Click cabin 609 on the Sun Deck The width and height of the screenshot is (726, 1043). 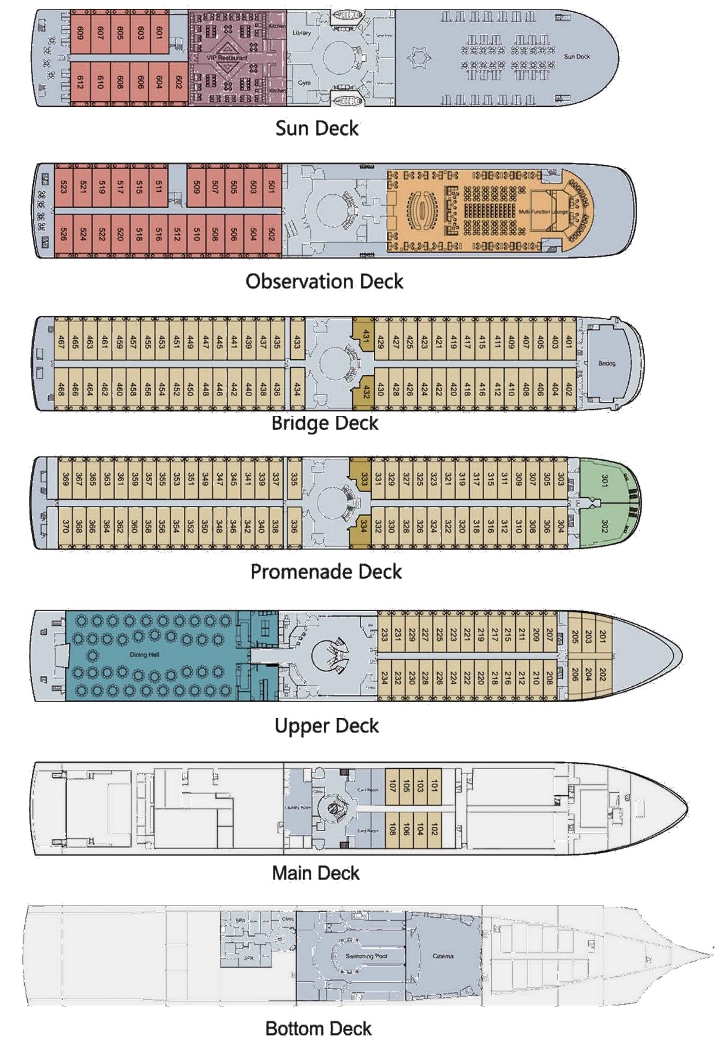pos(80,34)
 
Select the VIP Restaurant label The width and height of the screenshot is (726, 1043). pos(227,58)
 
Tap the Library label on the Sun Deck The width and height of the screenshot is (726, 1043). pos(302,32)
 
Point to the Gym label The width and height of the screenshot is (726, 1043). pos(304,82)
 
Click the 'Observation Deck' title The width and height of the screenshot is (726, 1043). pos(324,281)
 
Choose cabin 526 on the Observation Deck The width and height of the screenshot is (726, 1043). pos(63,234)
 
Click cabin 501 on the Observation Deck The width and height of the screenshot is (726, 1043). pos(272,187)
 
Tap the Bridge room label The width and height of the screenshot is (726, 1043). pos(606,363)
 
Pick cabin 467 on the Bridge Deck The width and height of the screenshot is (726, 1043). pos(61,342)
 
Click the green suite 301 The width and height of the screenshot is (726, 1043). pos(604,481)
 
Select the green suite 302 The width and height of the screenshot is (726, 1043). pos(604,526)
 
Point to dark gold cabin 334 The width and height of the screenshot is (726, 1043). pos(363,526)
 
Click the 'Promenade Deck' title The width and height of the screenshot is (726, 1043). pos(326,572)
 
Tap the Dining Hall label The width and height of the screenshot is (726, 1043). pos(144,654)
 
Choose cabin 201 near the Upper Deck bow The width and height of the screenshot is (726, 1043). pos(602,636)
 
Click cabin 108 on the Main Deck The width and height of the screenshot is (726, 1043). pos(393,830)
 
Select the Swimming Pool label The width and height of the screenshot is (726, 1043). pos(366,956)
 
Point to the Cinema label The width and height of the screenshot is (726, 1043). pos(442,956)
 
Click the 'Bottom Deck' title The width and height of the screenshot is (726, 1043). pos(318,1028)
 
